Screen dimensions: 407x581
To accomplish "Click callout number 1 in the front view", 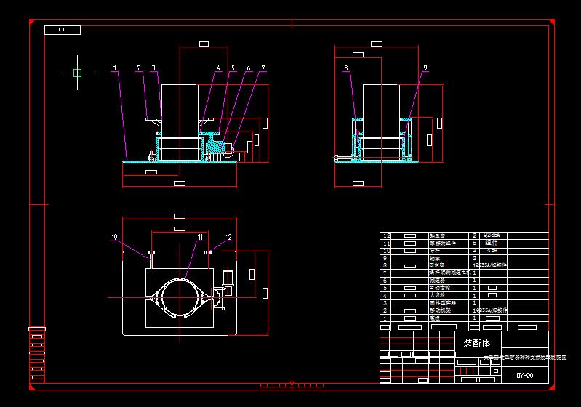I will [115, 68].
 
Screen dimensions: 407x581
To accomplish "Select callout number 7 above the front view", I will [263, 68].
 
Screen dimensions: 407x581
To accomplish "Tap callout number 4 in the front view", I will [218, 68].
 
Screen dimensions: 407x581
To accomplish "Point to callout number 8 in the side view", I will [346, 68].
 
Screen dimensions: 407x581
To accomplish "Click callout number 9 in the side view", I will [425, 68].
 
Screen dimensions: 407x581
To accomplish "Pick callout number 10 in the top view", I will [114, 237].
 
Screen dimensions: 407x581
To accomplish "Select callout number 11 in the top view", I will [200, 237].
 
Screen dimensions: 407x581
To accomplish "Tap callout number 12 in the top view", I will [228, 237].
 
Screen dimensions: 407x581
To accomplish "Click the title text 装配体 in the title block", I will [477, 343].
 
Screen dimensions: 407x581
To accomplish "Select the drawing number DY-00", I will [524, 376].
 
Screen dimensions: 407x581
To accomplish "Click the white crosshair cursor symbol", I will [77, 72].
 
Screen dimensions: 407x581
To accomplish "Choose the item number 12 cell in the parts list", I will [387, 235].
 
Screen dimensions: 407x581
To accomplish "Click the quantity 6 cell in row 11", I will [475, 243].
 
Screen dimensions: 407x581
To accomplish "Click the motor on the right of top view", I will [226, 283].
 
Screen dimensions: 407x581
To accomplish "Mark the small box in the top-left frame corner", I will [62, 30].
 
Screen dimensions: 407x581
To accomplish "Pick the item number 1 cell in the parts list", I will [387, 318].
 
